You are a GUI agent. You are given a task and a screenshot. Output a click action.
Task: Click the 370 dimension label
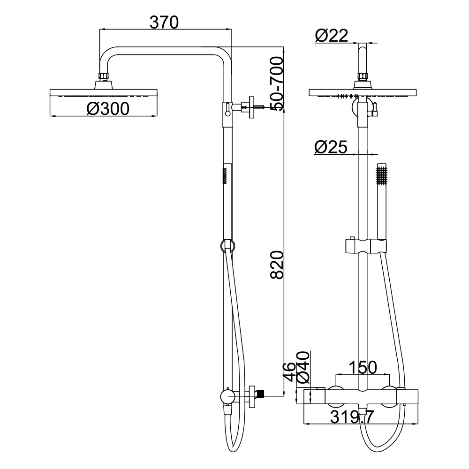point(164,23)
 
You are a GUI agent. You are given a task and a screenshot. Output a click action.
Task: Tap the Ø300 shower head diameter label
point(108,109)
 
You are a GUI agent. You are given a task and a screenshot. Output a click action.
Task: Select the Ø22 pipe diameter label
point(332,36)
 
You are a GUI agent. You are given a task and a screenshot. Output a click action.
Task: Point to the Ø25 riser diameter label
point(331,147)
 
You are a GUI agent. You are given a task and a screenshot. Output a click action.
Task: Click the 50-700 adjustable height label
point(276,84)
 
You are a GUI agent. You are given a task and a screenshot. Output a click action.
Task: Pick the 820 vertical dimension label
point(277,265)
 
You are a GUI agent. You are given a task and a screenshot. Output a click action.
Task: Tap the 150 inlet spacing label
point(363,367)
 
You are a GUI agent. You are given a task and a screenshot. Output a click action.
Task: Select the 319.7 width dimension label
point(352,416)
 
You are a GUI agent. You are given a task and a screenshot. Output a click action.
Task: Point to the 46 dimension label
point(289,372)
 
